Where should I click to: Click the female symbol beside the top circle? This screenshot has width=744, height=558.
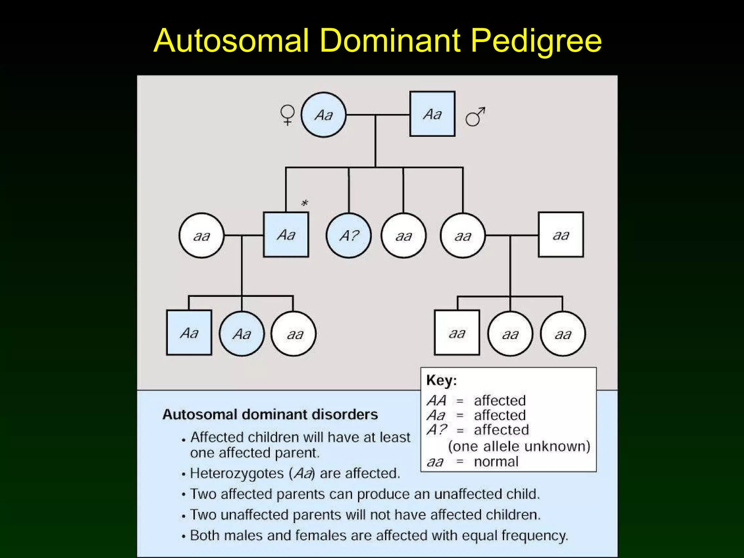[x=287, y=115]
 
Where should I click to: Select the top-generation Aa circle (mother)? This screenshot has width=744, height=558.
[x=323, y=115]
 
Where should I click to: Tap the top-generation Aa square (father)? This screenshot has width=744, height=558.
[x=432, y=114]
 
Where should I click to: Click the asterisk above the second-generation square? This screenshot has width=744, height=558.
[x=304, y=203]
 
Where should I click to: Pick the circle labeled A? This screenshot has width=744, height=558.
[x=349, y=235]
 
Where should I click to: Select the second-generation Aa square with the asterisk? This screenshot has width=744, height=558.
[x=286, y=235]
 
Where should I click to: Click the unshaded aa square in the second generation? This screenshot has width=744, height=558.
[x=561, y=235]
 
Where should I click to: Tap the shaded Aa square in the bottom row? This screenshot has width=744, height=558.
[x=189, y=332]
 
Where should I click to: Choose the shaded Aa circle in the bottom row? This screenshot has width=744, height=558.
[x=242, y=333]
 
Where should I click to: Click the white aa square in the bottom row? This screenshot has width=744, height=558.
[x=457, y=332]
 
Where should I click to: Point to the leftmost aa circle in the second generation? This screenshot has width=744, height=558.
[x=201, y=236]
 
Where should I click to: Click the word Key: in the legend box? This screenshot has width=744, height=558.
[x=441, y=380]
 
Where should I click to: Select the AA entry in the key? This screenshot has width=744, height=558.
[x=436, y=401]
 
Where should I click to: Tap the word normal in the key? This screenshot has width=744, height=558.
[x=496, y=462]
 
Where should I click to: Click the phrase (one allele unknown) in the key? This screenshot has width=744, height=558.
[x=519, y=446]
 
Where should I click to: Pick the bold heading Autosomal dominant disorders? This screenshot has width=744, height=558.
[x=270, y=414]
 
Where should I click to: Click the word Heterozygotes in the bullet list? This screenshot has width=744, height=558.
[x=236, y=473]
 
